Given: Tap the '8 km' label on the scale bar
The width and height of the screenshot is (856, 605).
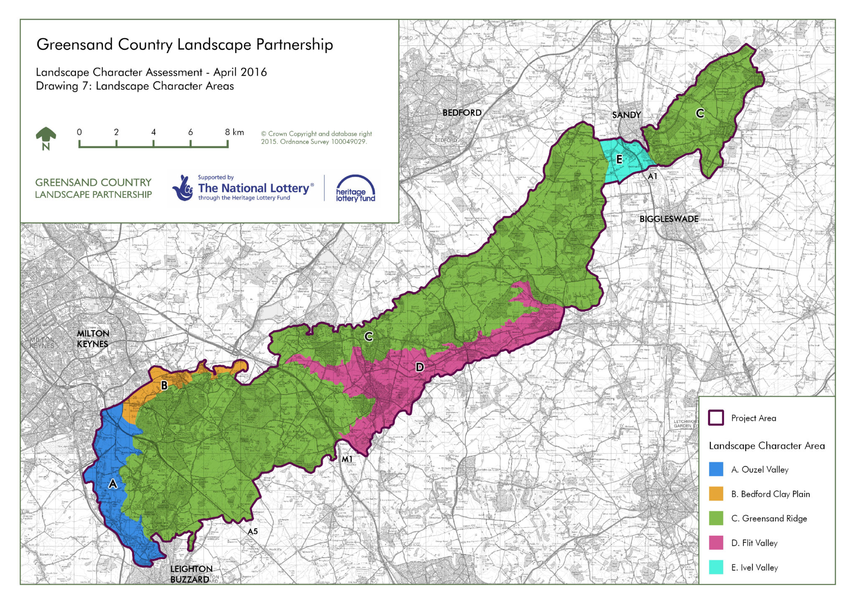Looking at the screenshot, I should tap(234, 132).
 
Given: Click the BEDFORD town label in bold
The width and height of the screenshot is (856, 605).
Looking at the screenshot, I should tap(462, 113).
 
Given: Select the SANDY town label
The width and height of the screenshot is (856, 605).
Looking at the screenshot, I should tap(626, 115).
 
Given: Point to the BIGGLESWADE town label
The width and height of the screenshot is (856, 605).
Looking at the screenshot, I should tap(669, 219).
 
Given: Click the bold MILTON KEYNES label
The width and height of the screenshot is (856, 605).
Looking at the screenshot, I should tap(93, 338).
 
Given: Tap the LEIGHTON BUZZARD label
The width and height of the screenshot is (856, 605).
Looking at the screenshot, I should tap(191, 574).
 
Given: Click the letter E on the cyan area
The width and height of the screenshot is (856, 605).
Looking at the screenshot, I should tap(619, 159).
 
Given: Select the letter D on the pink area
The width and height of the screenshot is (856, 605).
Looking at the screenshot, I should tap(420, 367).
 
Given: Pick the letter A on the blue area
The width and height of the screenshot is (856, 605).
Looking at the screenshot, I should tap(113, 484).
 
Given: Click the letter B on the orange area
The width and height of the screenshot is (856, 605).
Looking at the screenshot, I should tap(164, 385).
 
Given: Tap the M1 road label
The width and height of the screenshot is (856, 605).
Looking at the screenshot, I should tap(347, 459).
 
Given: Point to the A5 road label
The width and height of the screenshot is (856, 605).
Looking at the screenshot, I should tap(252, 531).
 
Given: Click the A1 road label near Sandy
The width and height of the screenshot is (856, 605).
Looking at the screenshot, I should tap(652, 177).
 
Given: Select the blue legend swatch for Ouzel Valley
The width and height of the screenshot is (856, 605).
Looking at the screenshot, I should tap(716, 469).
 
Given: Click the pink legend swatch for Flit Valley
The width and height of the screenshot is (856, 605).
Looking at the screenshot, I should tap(716, 543).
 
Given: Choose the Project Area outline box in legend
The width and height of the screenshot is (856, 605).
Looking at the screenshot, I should tap(716, 418).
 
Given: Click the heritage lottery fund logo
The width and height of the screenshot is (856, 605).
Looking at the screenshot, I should tap(355, 189).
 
